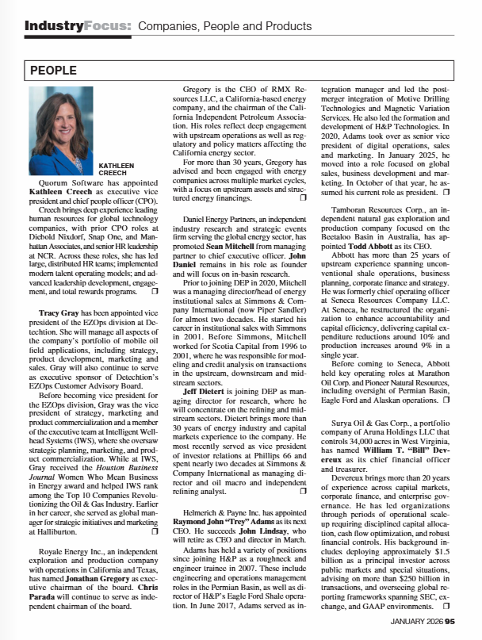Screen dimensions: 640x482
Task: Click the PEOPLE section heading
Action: pyautogui.click(x=53, y=71)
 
